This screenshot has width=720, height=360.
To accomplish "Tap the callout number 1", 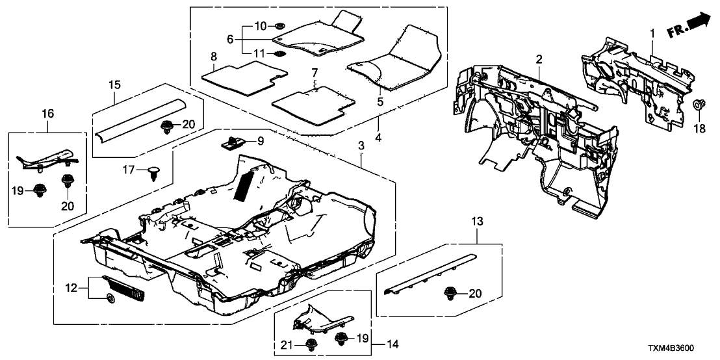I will (652, 32).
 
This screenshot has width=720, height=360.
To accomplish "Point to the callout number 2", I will (539, 60).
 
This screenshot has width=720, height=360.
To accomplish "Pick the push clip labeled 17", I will (155, 172).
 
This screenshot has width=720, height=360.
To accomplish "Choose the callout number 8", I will (213, 57).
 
